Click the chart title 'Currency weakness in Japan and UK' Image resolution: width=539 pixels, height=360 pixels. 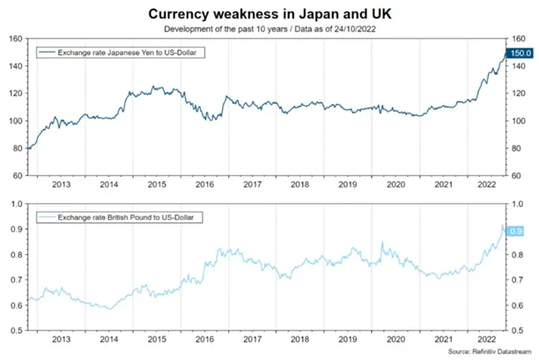coord(269,14)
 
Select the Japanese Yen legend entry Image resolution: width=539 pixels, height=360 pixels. coord(121,53)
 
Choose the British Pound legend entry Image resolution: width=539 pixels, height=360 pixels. coord(119,217)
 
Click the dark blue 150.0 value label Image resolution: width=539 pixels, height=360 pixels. coord(521,53)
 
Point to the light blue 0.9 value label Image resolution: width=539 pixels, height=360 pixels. coord(516,231)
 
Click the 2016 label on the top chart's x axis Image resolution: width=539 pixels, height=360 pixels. coord(204,185)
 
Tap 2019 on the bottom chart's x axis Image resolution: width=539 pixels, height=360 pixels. coord(348,340)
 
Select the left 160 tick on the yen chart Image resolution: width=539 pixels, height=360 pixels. coord(16,39)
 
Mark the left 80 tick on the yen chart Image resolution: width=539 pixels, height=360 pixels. coord(18,149)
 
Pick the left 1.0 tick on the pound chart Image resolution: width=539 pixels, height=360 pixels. coord(17,204)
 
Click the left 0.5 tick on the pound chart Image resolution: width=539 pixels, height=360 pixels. coord(17,330)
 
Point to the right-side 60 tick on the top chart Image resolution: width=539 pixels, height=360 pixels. coord(516,176)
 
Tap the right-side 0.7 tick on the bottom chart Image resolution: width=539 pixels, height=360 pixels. coord(517,280)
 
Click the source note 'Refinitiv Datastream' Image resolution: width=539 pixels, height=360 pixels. coord(501,351)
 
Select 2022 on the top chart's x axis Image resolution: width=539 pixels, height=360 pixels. coord(487,185)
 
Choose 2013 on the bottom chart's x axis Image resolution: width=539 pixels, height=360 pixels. coord(61,340)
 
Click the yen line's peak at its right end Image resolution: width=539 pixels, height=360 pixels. coord(506,52)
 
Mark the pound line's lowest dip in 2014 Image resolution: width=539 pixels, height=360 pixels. coord(110,309)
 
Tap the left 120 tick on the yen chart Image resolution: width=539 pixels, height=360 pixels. coord(16,93)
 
